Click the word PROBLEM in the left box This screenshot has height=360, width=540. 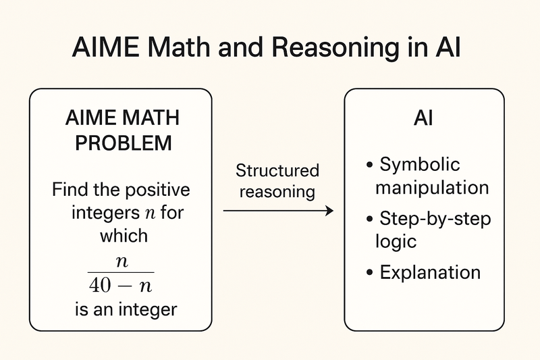pyautogui.click(x=122, y=144)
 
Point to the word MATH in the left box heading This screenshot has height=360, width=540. pyautogui.click(x=152, y=120)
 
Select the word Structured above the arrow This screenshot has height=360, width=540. pyautogui.click(x=277, y=170)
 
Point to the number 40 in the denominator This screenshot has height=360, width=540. pyautogui.click(x=102, y=285)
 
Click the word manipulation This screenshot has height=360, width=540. pyautogui.click(x=431, y=187)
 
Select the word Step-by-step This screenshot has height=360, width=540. pyautogui.click(x=435, y=220)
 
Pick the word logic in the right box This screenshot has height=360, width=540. pyautogui.click(x=396, y=241)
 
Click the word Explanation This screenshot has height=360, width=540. pyautogui.click(x=430, y=272)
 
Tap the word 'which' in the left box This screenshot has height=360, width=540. pyautogui.click(x=124, y=236)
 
